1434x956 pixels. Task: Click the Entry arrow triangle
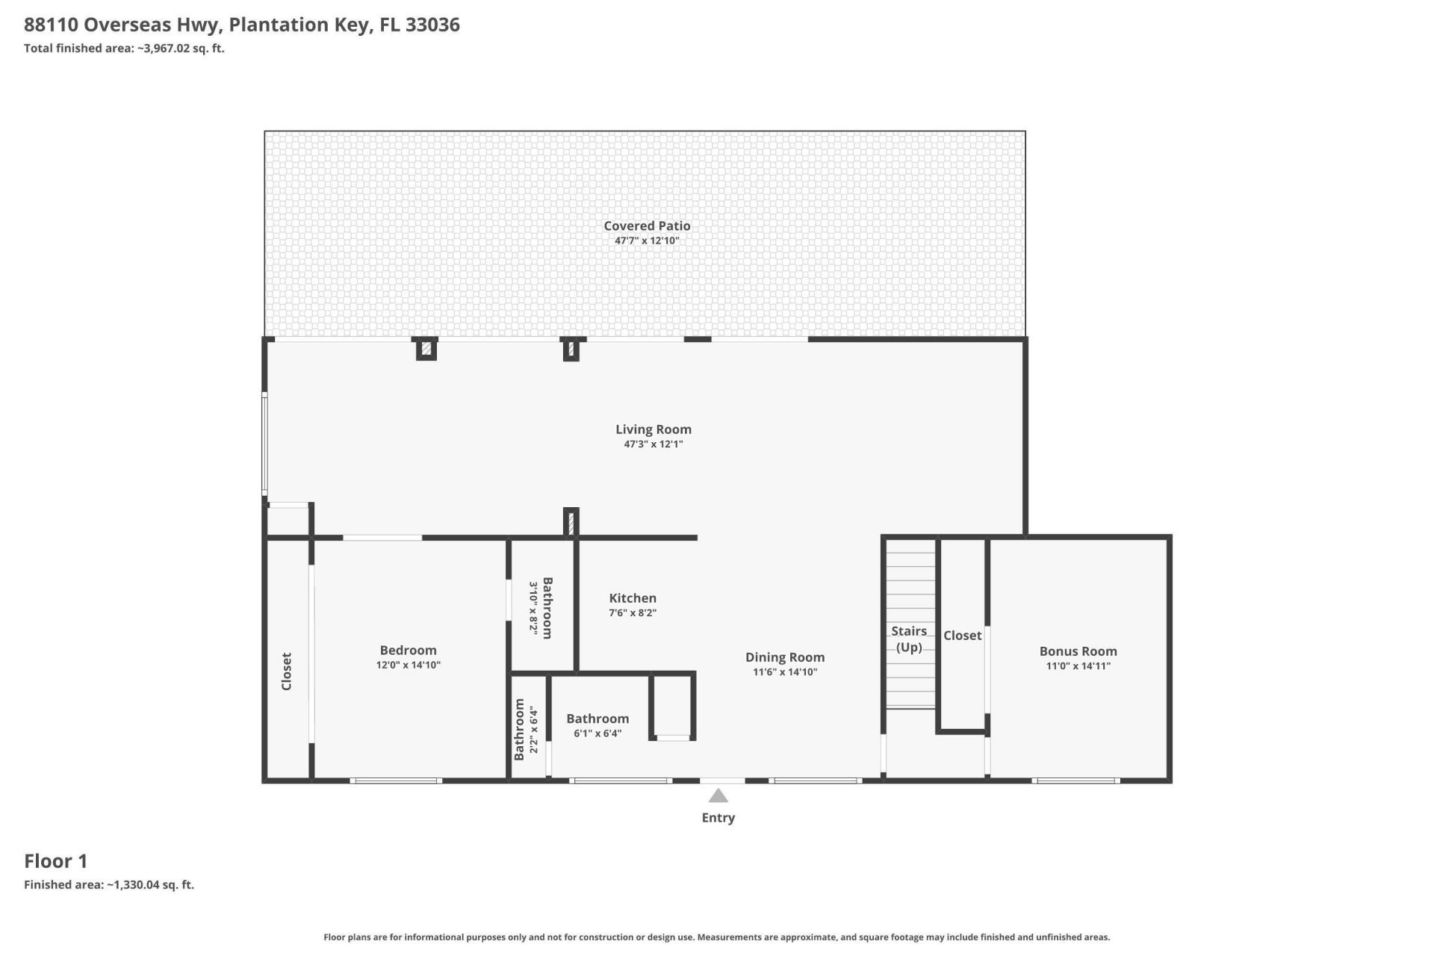coord(718,795)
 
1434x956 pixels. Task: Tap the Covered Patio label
coord(647,226)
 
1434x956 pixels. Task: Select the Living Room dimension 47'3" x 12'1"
coord(654,444)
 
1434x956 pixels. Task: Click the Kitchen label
coord(633,598)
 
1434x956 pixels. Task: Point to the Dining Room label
coord(785,657)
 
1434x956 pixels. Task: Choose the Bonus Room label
coord(1078,651)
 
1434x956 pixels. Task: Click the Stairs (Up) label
coord(909,639)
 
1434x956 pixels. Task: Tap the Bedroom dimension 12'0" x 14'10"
coord(409,665)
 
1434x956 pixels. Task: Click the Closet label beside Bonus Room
coord(962,636)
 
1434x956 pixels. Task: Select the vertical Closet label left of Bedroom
coord(286,671)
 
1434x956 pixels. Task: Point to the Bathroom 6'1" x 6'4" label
coord(597,718)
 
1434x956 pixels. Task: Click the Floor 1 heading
coord(56,861)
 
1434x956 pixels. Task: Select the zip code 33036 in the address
coord(432,25)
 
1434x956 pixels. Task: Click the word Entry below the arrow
coord(718,818)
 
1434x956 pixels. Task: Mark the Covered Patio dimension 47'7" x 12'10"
coord(647,240)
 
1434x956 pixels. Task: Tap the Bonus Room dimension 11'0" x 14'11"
coord(1078,666)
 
